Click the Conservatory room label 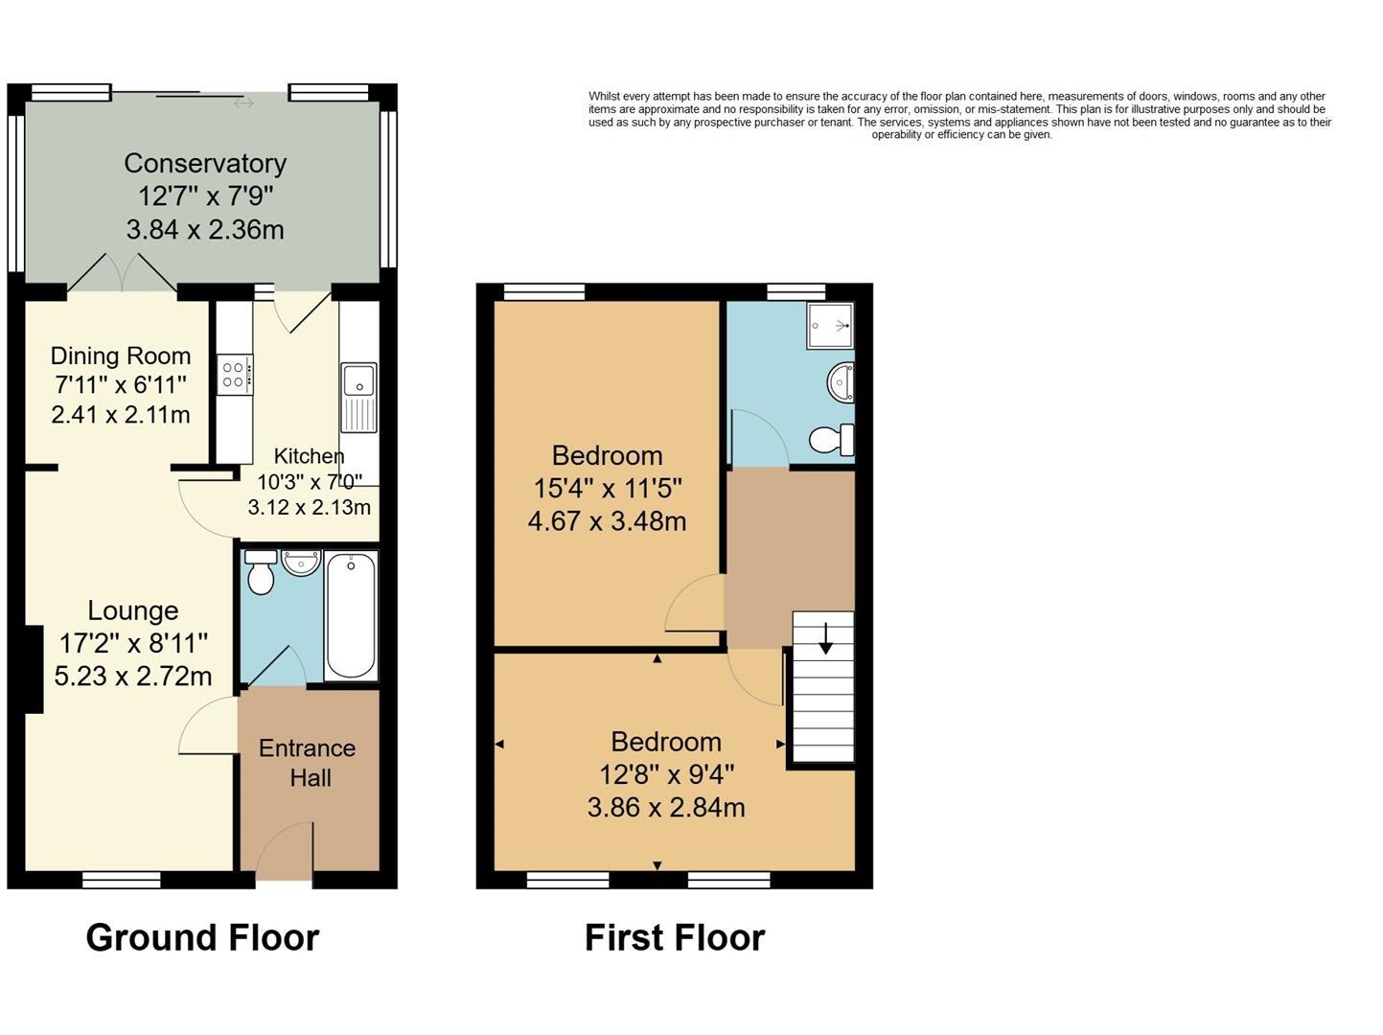205,163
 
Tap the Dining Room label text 121,356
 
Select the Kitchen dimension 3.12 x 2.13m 309,507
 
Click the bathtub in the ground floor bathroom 351,616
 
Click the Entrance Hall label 308,763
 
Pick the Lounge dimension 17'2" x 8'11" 133,643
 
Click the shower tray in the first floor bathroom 829,326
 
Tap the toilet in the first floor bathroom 831,440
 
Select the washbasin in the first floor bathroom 841,383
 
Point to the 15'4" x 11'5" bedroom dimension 607,489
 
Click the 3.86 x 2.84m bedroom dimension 666,807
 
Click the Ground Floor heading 202,937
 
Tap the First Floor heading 675,937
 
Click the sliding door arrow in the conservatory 243,103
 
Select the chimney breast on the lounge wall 34,669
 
